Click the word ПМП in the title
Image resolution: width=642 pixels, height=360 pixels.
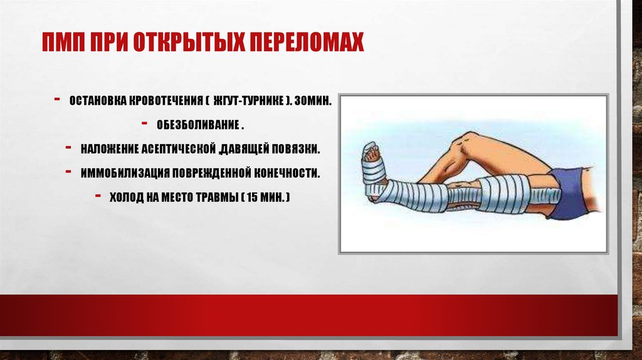click(x=63, y=41)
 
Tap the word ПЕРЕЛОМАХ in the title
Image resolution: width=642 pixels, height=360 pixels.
click(x=307, y=41)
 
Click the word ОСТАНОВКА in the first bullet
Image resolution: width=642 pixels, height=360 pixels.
click(x=98, y=101)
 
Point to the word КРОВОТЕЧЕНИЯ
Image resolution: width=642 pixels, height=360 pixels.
click(x=166, y=101)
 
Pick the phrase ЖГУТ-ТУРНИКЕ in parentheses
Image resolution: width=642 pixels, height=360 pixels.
click(x=248, y=101)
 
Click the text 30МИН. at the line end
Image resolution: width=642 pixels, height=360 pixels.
click(x=313, y=101)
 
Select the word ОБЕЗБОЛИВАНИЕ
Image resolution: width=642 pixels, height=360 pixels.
click(x=198, y=125)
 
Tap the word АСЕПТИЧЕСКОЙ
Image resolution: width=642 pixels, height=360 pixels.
click(x=178, y=149)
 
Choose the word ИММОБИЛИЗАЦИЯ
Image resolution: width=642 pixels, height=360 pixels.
click(x=125, y=173)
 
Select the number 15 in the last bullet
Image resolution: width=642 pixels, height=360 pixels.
click(x=253, y=198)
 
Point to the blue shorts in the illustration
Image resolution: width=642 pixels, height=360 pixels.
click(x=572, y=193)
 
